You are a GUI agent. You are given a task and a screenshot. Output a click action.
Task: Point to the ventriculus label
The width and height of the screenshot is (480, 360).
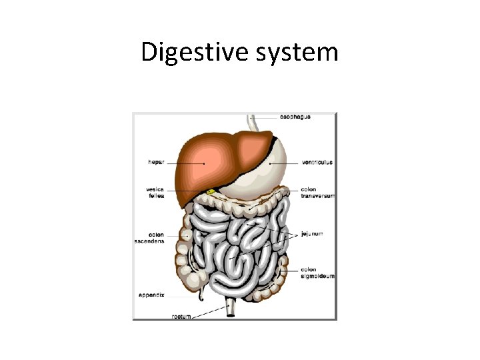[x=317, y=162]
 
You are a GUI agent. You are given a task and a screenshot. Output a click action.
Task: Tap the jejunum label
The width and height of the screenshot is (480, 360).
[x=311, y=234]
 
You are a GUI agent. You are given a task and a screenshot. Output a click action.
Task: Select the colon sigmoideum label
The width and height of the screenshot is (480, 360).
[x=317, y=273]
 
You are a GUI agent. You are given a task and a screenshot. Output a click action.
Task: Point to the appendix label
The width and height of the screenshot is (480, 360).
[x=153, y=294]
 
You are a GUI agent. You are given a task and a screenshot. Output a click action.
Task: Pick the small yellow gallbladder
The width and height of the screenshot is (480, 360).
[x=211, y=192]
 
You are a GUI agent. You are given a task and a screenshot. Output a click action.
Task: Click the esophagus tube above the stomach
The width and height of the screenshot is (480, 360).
[x=253, y=123]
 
